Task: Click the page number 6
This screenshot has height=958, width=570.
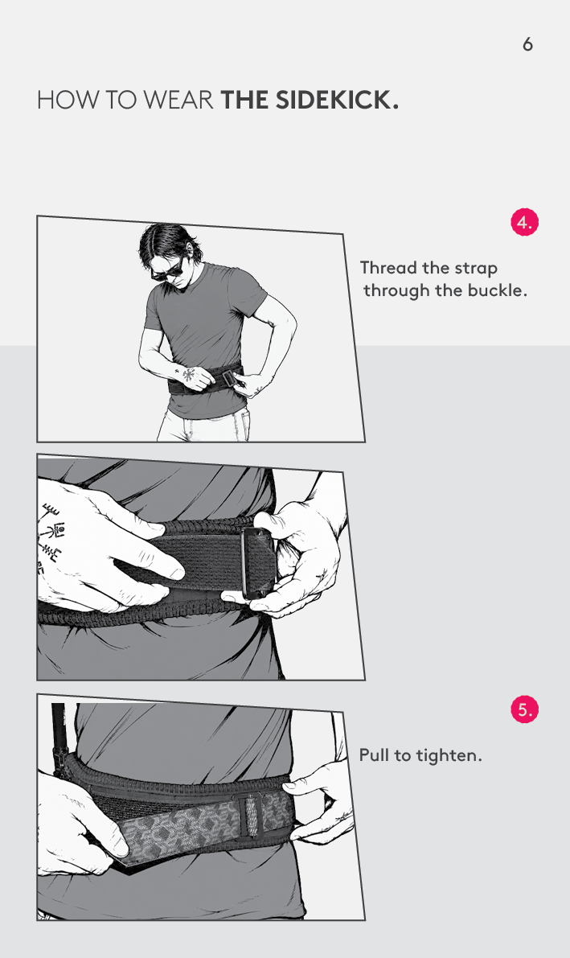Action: click(x=528, y=44)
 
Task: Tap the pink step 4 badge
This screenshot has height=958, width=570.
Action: click(x=524, y=222)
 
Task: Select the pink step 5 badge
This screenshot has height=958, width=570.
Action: click(x=524, y=709)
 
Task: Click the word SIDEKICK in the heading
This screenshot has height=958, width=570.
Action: click(x=334, y=100)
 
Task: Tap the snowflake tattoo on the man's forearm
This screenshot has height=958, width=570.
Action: click(x=188, y=372)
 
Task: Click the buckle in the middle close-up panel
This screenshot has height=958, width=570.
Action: click(x=256, y=563)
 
